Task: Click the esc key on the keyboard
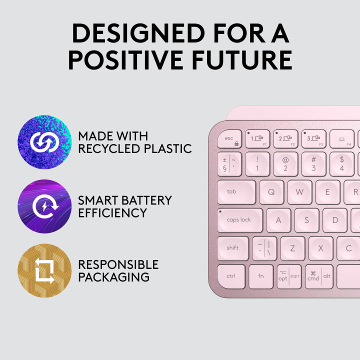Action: point(230,139)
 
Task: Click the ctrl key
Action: point(231,276)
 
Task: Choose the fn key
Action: point(260,276)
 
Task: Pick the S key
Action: point(306,220)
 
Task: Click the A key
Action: point(278,220)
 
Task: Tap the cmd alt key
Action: point(319,276)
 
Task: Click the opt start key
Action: point(289,276)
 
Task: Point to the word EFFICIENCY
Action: point(112,213)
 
